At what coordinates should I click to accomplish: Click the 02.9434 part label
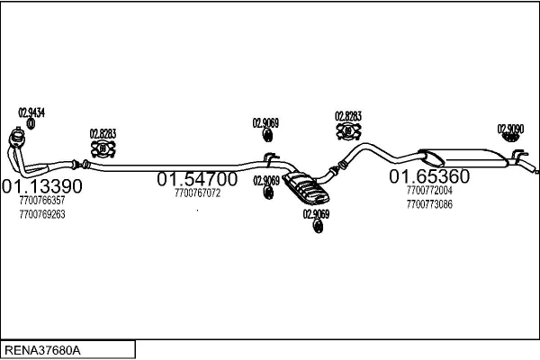pyautogui.click(x=31, y=112)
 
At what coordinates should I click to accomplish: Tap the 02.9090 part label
pyautogui.click(x=511, y=129)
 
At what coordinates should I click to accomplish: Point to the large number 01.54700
pyautogui.click(x=197, y=179)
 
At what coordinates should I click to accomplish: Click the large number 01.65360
pyautogui.click(x=429, y=175)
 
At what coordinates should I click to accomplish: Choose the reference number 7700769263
pyautogui.click(x=41, y=214)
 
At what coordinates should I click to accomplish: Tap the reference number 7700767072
pyautogui.click(x=197, y=193)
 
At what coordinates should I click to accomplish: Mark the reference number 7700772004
pyautogui.click(x=429, y=191)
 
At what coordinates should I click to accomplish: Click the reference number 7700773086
pyautogui.click(x=429, y=204)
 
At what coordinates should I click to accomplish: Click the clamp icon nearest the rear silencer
pyautogui.click(x=347, y=131)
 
